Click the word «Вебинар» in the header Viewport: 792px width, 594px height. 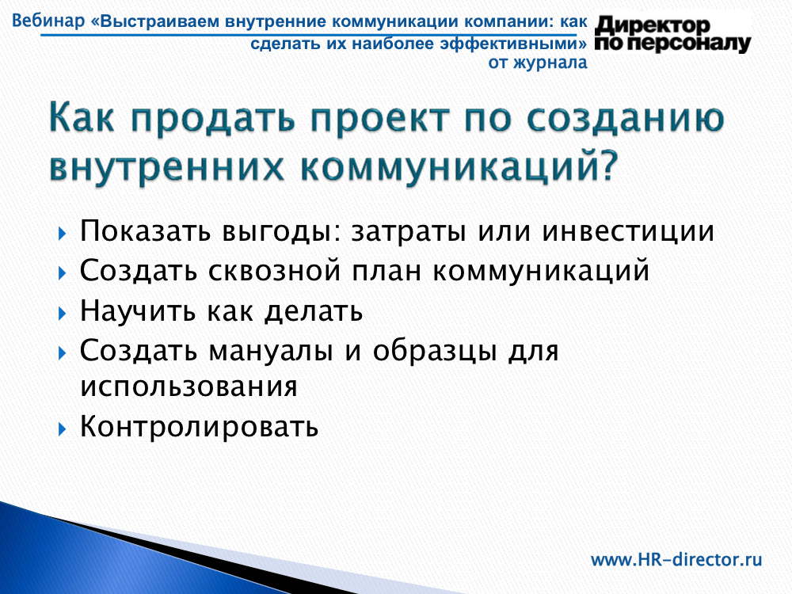[48, 21]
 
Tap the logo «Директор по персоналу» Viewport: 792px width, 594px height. [672, 34]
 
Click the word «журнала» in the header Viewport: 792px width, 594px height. [550, 63]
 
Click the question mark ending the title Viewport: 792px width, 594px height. [608, 166]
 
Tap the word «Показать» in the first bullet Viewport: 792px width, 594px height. [145, 231]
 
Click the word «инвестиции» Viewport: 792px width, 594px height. [629, 232]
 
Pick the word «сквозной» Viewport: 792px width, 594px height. [275, 271]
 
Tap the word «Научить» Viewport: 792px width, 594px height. [137, 310]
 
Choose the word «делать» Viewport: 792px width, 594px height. [314, 311]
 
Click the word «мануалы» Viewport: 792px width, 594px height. [271, 352]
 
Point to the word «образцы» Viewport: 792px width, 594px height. [434, 351]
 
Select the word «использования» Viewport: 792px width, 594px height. [189, 387]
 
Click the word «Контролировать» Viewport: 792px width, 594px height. [199, 427]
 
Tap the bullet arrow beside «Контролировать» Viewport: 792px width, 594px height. [62, 429]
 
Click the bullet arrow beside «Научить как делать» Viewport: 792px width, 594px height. [62, 314]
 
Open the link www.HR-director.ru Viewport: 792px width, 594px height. [676, 560]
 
